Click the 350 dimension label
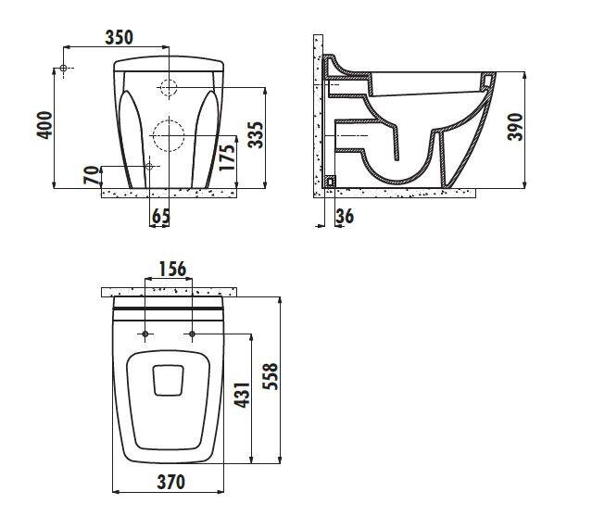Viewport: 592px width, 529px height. pos(119,38)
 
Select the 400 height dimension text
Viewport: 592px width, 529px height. pos(44,125)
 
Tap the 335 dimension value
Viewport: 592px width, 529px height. pos(256,134)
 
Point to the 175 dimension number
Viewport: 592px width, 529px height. pos(227,157)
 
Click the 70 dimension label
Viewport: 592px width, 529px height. pos(91,175)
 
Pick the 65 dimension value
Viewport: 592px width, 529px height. pos(161,217)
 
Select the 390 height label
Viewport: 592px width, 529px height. pos(515,127)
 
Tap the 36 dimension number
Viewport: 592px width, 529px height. pos(345,217)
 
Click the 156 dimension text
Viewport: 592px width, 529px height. pos(172,270)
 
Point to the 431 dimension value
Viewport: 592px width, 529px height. pos(242,395)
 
